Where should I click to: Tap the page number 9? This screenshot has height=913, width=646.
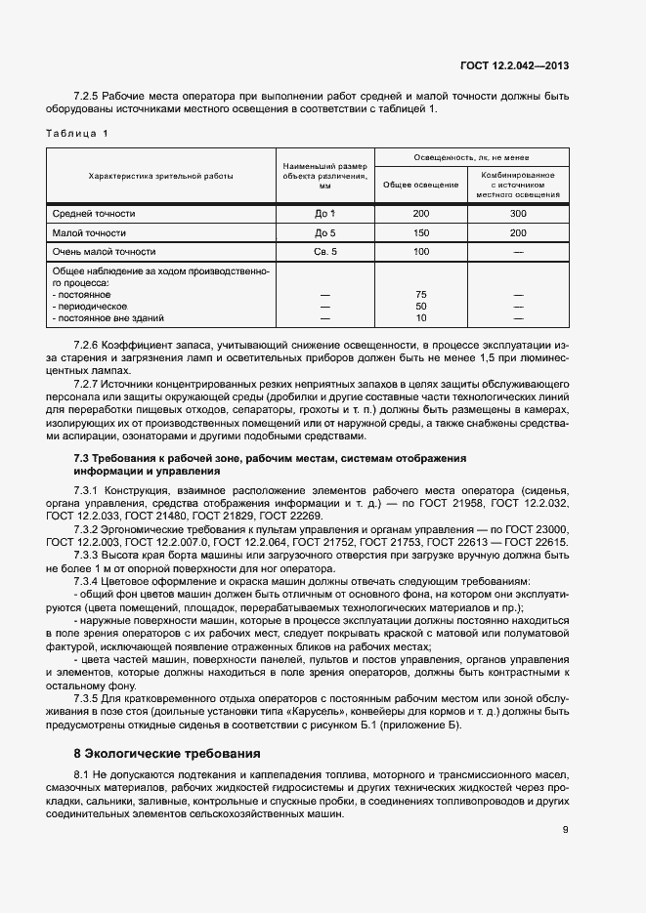(x=566, y=830)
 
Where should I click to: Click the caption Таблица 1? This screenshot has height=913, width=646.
(x=78, y=132)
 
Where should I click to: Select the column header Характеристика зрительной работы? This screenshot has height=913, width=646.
(x=161, y=176)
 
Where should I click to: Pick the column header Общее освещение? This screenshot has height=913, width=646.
(x=421, y=185)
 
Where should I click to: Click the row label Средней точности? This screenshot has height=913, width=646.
(x=94, y=213)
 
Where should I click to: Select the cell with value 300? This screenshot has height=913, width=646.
(x=518, y=213)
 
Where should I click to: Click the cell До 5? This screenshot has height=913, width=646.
(x=325, y=232)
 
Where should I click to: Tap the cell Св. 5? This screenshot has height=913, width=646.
(x=325, y=252)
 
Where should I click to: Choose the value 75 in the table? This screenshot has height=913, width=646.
(x=421, y=294)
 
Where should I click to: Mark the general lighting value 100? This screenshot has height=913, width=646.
(x=421, y=252)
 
